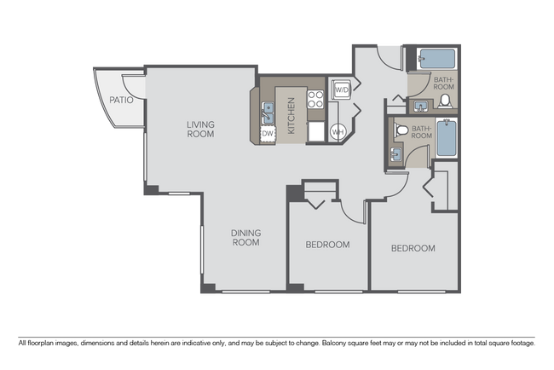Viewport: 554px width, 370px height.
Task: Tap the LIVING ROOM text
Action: [x=200, y=129]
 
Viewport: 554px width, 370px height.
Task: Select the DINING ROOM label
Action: [x=245, y=237]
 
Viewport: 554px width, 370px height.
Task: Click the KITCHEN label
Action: [x=291, y=116]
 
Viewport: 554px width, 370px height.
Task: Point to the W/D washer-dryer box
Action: [x=340, y=90]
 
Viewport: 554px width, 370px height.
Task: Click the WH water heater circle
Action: [x=338, y=131]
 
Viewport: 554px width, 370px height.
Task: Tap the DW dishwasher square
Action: [x=267, y=134]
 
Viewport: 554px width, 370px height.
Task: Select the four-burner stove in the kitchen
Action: [x=315, y=98]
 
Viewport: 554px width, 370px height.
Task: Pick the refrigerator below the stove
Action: [x=315, y=131]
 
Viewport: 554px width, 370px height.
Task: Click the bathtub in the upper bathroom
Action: [x=436, y=60]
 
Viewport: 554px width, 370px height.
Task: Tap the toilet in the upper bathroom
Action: [x=444, y=101]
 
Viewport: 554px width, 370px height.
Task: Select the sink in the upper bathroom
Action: [x=421, y=105]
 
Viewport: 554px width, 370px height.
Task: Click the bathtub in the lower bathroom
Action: [x=447, y=138]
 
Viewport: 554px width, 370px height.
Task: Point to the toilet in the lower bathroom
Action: [x=402, y=131]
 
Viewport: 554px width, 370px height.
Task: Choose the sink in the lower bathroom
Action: [x=396, y=153]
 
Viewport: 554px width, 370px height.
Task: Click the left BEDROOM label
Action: [x=327, y=245]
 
